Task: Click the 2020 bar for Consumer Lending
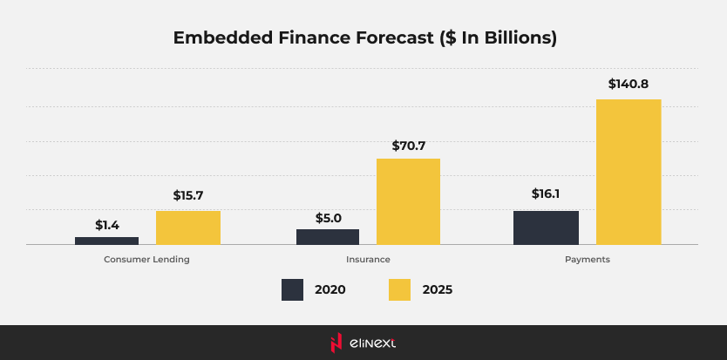click(x=106, y=241)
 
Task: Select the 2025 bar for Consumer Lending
click(x=188, y=228)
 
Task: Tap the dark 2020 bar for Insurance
click(x=328, y=237)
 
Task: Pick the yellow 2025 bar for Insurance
click(x=408, y=201)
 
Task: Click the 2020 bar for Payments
click(x=546, y=228)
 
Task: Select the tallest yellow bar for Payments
click(x=628, y=172)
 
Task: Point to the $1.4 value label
click(x=107, y=225)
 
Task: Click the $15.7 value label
click(x=188, y=196)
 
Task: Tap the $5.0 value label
click(x=328, y=218)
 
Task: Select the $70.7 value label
click(x=408, y=144)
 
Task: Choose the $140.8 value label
click(x=628, y=85)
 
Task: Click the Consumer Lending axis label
click(x=146, y=260)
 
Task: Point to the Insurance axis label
click(x=368, y=260)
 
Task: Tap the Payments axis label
click(x=587, y=260)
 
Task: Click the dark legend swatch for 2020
click(x=292, y=290)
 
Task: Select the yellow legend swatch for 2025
click(x=399, y=290)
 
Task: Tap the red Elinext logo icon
click(x=336, y=343)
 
